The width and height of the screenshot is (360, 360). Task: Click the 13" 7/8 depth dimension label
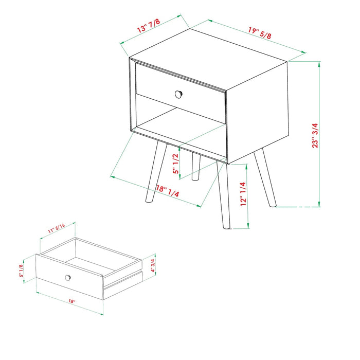coord(148,26)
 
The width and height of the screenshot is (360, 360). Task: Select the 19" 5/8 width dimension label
coord(260,33)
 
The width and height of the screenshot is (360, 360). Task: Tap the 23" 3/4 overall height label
coord(315,135)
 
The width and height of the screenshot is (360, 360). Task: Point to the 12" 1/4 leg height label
coord(243,194)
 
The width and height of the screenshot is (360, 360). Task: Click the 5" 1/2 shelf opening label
coord(176,164)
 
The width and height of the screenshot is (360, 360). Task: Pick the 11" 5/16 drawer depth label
coord(57,228)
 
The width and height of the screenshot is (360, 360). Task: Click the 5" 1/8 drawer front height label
coord(21,271)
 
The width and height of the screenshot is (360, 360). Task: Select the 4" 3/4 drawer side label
coord(153,265)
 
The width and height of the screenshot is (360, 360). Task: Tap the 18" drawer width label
coord(72,301)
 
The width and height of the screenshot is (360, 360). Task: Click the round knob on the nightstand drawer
coord(178,94)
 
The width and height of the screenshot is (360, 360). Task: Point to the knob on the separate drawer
coord(68,278)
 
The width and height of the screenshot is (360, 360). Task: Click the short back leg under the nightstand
coord(196,167)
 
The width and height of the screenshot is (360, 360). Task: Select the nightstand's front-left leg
coord(156,172)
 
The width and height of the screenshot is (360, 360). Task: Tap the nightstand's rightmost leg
coord(265,178)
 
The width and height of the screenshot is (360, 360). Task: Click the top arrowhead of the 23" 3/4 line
coord(319,64)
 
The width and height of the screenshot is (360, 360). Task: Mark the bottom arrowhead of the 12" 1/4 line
coord(248,226)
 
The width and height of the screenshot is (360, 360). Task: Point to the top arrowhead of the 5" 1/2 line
coord(179,148)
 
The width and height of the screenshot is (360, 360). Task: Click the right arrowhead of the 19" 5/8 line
coord(303,52)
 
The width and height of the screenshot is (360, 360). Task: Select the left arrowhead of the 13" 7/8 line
coord(122,43)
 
